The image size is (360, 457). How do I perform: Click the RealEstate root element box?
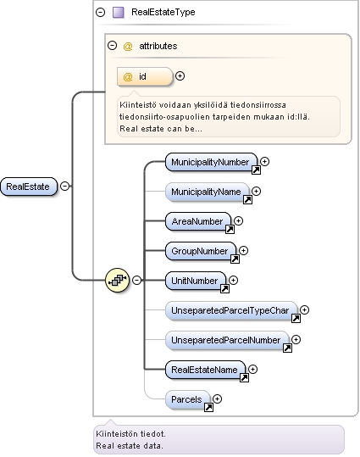(x=29, y=187)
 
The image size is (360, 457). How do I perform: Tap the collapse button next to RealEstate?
(x=64, y=186)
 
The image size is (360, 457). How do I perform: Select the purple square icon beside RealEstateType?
(x=119, y=13)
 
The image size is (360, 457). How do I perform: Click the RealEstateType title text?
(x=163, y=12)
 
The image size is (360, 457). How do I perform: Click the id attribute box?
(x=145, y=76)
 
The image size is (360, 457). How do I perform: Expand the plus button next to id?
(x=180, y=76)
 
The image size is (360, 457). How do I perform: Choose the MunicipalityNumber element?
(x=211, y=162)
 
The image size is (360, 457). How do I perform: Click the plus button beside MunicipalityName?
(x=256, y=192)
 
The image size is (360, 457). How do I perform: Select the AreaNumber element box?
(x=198, y=221)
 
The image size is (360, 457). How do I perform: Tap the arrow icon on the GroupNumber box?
(x=235, y=259)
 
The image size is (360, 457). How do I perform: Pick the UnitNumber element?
(x=196, y=281)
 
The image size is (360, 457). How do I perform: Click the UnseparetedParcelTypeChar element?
(x=231, y=310)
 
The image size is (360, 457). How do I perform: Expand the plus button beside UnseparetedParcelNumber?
(x=296, y=339)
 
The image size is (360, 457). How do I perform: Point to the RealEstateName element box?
(x=205, y=370)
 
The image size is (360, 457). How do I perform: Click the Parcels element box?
(x=187, y=399)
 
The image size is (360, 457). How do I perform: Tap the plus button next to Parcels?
(x=218, y=398)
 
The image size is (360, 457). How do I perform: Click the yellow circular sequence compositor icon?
(x=118, y=280)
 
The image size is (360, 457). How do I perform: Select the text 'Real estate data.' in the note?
(x=130, y=446)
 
